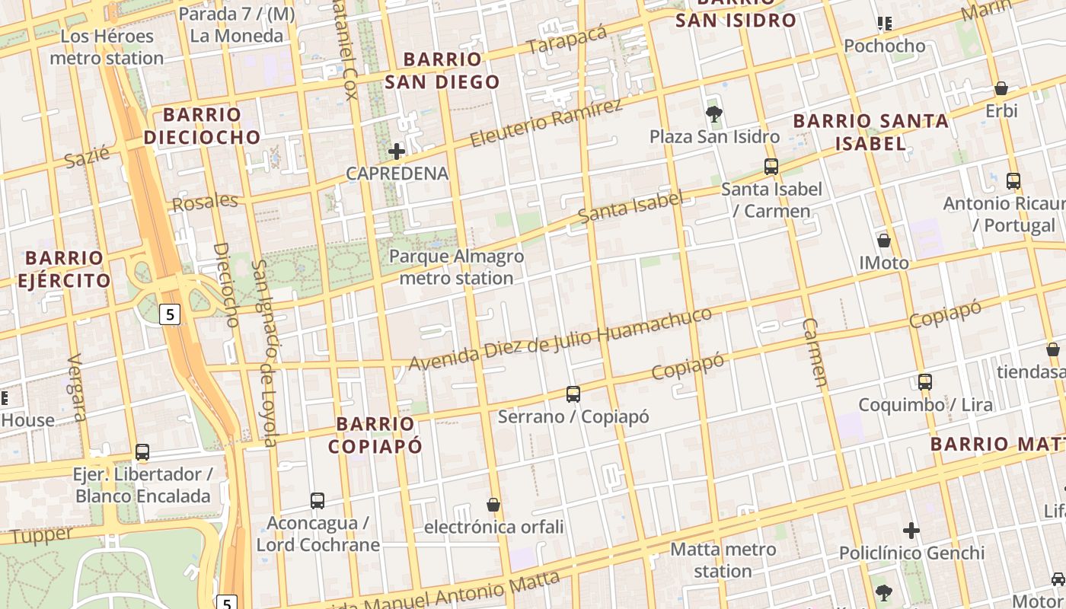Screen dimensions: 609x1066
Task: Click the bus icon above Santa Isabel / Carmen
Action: coord(771,166)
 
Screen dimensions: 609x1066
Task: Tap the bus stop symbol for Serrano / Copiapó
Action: coord(573,394)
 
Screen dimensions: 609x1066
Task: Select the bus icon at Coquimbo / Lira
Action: coord(925,382)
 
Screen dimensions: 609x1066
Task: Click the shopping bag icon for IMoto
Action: coord(884,241)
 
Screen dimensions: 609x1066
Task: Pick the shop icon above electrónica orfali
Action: coord(493,505)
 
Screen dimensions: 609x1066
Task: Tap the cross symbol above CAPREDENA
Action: coord(397,151)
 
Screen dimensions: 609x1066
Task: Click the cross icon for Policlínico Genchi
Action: coord(911,531)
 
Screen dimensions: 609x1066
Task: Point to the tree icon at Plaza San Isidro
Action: coord(714,114)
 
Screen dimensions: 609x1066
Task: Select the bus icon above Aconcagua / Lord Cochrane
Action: coord(318,501)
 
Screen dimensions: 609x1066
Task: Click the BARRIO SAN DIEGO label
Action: coord(442,70)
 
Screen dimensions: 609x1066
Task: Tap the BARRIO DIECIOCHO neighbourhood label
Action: coord(202,126)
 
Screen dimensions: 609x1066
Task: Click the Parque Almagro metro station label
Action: coord(457,267)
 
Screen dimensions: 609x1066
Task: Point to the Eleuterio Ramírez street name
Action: coord(546,124)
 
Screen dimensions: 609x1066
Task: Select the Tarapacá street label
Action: coord(567,39)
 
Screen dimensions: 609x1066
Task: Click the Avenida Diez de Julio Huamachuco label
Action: coord(560,339)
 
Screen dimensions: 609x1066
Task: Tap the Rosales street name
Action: coord(205,202)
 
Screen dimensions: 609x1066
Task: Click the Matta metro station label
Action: coord(723,560)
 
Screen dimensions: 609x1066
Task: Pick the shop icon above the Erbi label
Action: coord(1001,88)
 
